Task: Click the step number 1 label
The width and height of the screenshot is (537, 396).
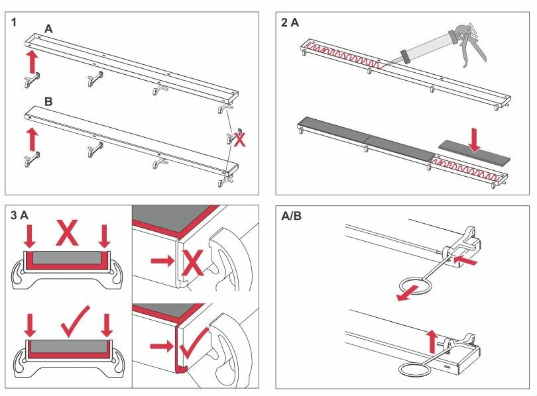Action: point(14,23)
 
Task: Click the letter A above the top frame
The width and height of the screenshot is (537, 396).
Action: point(48,30)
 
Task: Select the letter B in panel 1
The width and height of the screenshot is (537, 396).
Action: point(48,103)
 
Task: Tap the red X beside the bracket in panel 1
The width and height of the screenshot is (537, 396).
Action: point(241,139)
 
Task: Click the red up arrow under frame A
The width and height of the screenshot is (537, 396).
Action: point(30,63)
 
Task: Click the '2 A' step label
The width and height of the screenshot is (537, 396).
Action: point(290,23)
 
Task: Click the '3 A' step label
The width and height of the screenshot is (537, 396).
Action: point(20,215)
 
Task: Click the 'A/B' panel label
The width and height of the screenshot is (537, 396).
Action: point(292,215)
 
